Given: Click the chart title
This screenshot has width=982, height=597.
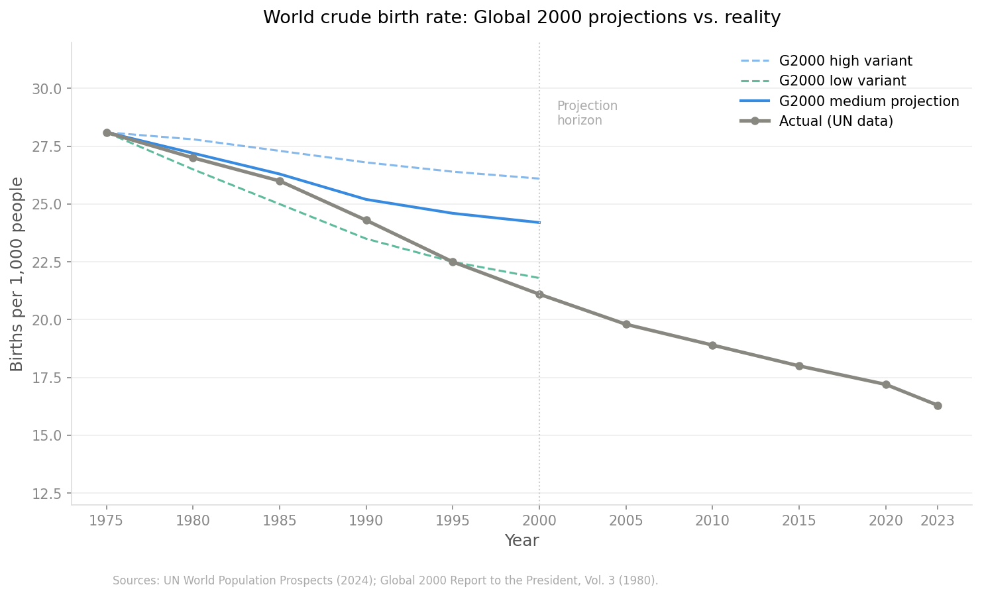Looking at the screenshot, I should click(x=521, y=18).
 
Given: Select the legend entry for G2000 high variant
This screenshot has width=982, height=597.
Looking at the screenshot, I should click(x=845, y=61).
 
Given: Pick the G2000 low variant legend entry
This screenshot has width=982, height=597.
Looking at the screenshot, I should click(x=842, y=81).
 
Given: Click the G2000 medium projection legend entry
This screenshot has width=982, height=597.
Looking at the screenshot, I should click(x=868, y=101).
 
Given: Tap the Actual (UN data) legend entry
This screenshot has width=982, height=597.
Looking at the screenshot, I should click(x=836, y=121).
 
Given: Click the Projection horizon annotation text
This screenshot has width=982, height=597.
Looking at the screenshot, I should click(x=586, y=113).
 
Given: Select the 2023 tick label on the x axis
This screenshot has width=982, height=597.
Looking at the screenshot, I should click(x=938, y=521).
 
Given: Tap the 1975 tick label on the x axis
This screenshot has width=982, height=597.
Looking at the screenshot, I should click(x=107, y=521).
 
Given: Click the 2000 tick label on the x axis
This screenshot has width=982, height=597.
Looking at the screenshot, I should click(x=539, y=521).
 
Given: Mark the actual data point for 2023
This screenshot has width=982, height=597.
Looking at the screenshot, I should click(x=938, y=406).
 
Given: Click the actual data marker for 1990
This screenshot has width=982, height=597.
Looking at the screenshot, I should click(x=366, y=220).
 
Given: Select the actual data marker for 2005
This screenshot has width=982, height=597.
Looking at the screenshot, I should click(x=626, y=324).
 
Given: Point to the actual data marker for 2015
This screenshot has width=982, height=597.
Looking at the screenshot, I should click(x=799, y=366).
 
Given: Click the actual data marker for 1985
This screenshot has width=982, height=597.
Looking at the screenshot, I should click(x=280, y=181).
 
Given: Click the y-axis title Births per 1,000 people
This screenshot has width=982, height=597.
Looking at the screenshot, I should click(x=17, y=274).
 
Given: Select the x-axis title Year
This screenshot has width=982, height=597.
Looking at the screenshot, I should click(x=521, y=541).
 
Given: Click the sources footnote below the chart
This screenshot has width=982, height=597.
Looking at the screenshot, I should click(x=385, y=580).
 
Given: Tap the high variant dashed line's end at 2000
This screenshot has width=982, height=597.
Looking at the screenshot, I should click(x=539, y=178).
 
